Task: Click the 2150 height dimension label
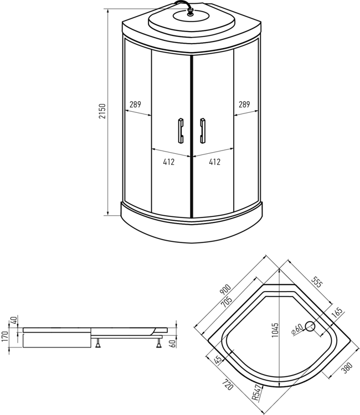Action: tap(102, 111)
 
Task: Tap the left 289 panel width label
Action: tap(135, 105)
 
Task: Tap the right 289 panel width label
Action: tap(244, 105)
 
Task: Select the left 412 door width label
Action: tap(169, 162)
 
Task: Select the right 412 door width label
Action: tap(214, 162)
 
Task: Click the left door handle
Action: tap(181, 131)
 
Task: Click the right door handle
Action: tap(203, 131)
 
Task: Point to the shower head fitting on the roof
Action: tap(190, 12)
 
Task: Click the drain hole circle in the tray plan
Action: tap(310, 326)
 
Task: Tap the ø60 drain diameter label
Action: tap(297, 329)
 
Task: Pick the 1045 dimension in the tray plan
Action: tap(275, 330)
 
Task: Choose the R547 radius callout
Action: tap(257, 393)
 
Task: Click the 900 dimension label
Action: tap(225, 289)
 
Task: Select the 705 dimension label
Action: tap(227, 302)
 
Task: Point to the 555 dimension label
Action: tap(317, 282)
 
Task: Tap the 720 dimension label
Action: tap(228, 385)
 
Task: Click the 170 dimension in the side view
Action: tap(5, 336)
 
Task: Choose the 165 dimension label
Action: tap(337, 313)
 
